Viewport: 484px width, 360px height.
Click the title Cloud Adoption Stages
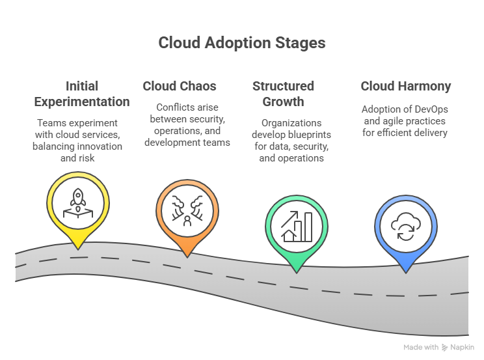[242, 43]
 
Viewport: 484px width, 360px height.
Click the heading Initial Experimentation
[82, 94]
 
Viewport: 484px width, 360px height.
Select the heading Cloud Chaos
[180, 86]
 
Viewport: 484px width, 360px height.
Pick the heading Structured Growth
[283, 94]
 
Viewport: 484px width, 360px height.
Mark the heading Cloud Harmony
[405, 86]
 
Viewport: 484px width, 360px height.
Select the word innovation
[102, 146]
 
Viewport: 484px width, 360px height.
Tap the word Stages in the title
[299, 43]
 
